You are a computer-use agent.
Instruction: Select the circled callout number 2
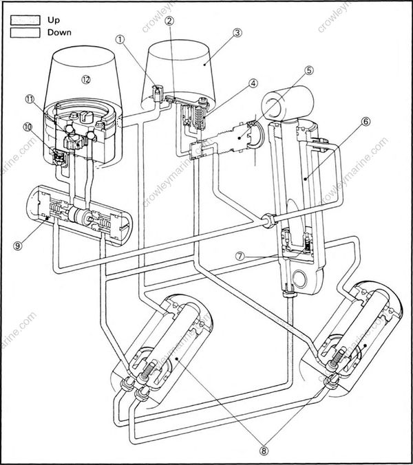pos(169,21)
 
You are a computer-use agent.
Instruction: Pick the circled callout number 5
pos(310,70)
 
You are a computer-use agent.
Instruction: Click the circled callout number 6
pos(366,121)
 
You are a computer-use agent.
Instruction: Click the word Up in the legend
pos(54,20)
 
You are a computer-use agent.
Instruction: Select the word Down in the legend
pos(59,32)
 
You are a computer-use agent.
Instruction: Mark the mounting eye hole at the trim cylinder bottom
pos(298,279)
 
